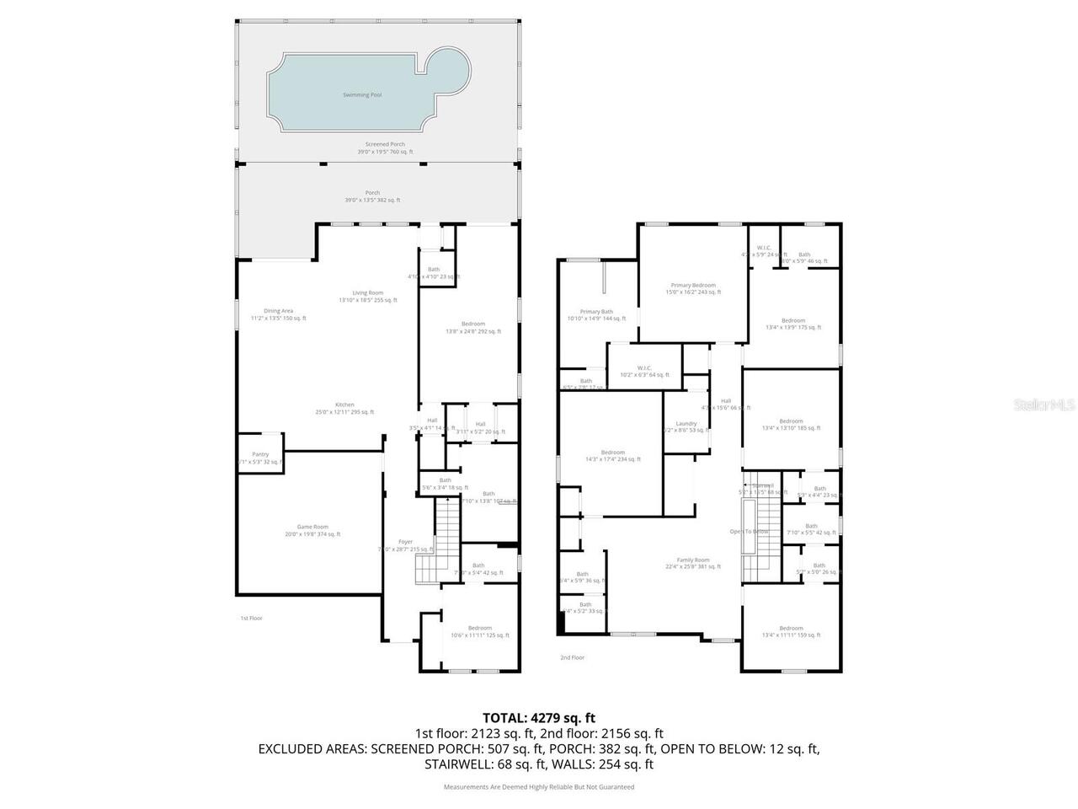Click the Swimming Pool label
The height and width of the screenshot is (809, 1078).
click(362, 95)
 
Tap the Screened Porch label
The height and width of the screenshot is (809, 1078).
click(385, 145)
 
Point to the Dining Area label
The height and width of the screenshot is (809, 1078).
click(278, 311)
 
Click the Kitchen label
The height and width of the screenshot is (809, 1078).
click(344, 405)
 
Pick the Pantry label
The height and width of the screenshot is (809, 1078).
click(260, 454)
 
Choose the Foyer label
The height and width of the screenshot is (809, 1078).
click(405, 542)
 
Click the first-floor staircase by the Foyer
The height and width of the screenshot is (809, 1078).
click(446, 539)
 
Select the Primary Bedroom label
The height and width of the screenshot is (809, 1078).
click(693, 286)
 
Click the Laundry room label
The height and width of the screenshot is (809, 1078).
click(686, 424)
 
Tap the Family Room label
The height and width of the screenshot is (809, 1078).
click(693, 560)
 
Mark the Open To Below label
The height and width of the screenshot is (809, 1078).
click(748, 532)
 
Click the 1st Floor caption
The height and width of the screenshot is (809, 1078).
click(252, 619)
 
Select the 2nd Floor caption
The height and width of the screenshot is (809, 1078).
click(572, 657)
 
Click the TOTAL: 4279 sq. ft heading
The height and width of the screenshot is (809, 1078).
click(539, 718)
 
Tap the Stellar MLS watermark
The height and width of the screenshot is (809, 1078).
click(1043, 405)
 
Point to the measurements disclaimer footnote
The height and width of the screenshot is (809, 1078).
click(539, 787)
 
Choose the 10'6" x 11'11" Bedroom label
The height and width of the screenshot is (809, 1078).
click(480, 629)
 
